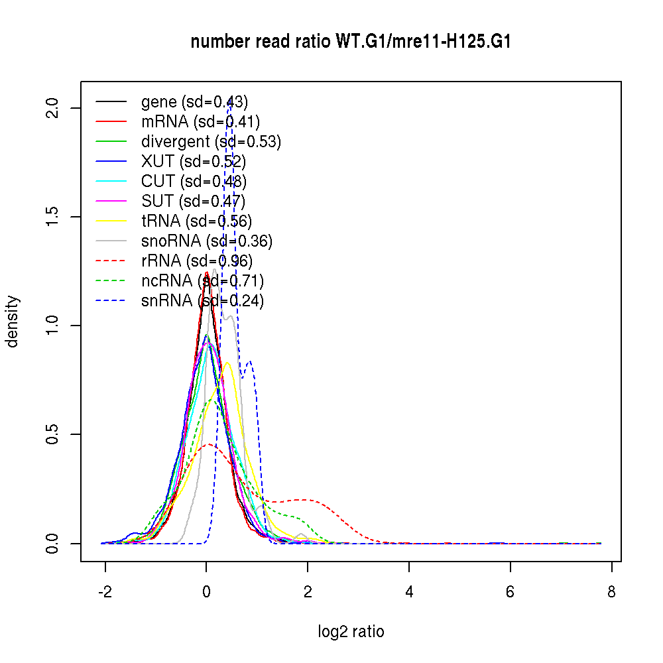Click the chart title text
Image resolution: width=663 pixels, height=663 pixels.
point(351,42)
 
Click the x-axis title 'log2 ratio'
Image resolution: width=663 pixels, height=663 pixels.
point(351,632)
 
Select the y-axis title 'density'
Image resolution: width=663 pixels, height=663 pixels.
point(13,322)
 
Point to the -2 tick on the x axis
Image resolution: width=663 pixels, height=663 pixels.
point(105,592)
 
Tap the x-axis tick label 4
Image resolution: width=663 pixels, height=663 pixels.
point(409,592)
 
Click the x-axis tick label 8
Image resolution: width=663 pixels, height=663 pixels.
point(611,592)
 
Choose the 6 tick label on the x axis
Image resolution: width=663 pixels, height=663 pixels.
point(510,592)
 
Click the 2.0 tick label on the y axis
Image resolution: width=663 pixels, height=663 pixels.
point(54,108)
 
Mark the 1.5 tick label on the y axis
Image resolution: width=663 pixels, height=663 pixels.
point(54,217)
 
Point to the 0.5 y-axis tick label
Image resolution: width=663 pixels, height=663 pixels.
point(54,434)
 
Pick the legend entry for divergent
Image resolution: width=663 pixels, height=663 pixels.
point(211,142)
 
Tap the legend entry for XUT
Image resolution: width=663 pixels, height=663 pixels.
point(193,162)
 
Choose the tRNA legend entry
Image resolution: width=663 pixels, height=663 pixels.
point(196,221)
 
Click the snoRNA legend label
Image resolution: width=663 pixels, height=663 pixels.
point(206,241)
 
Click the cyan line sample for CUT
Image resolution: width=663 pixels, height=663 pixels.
point(111,182)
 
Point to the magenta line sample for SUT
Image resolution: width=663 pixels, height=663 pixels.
point(111,202)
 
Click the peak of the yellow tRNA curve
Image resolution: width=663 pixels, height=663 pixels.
point(227,362)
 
